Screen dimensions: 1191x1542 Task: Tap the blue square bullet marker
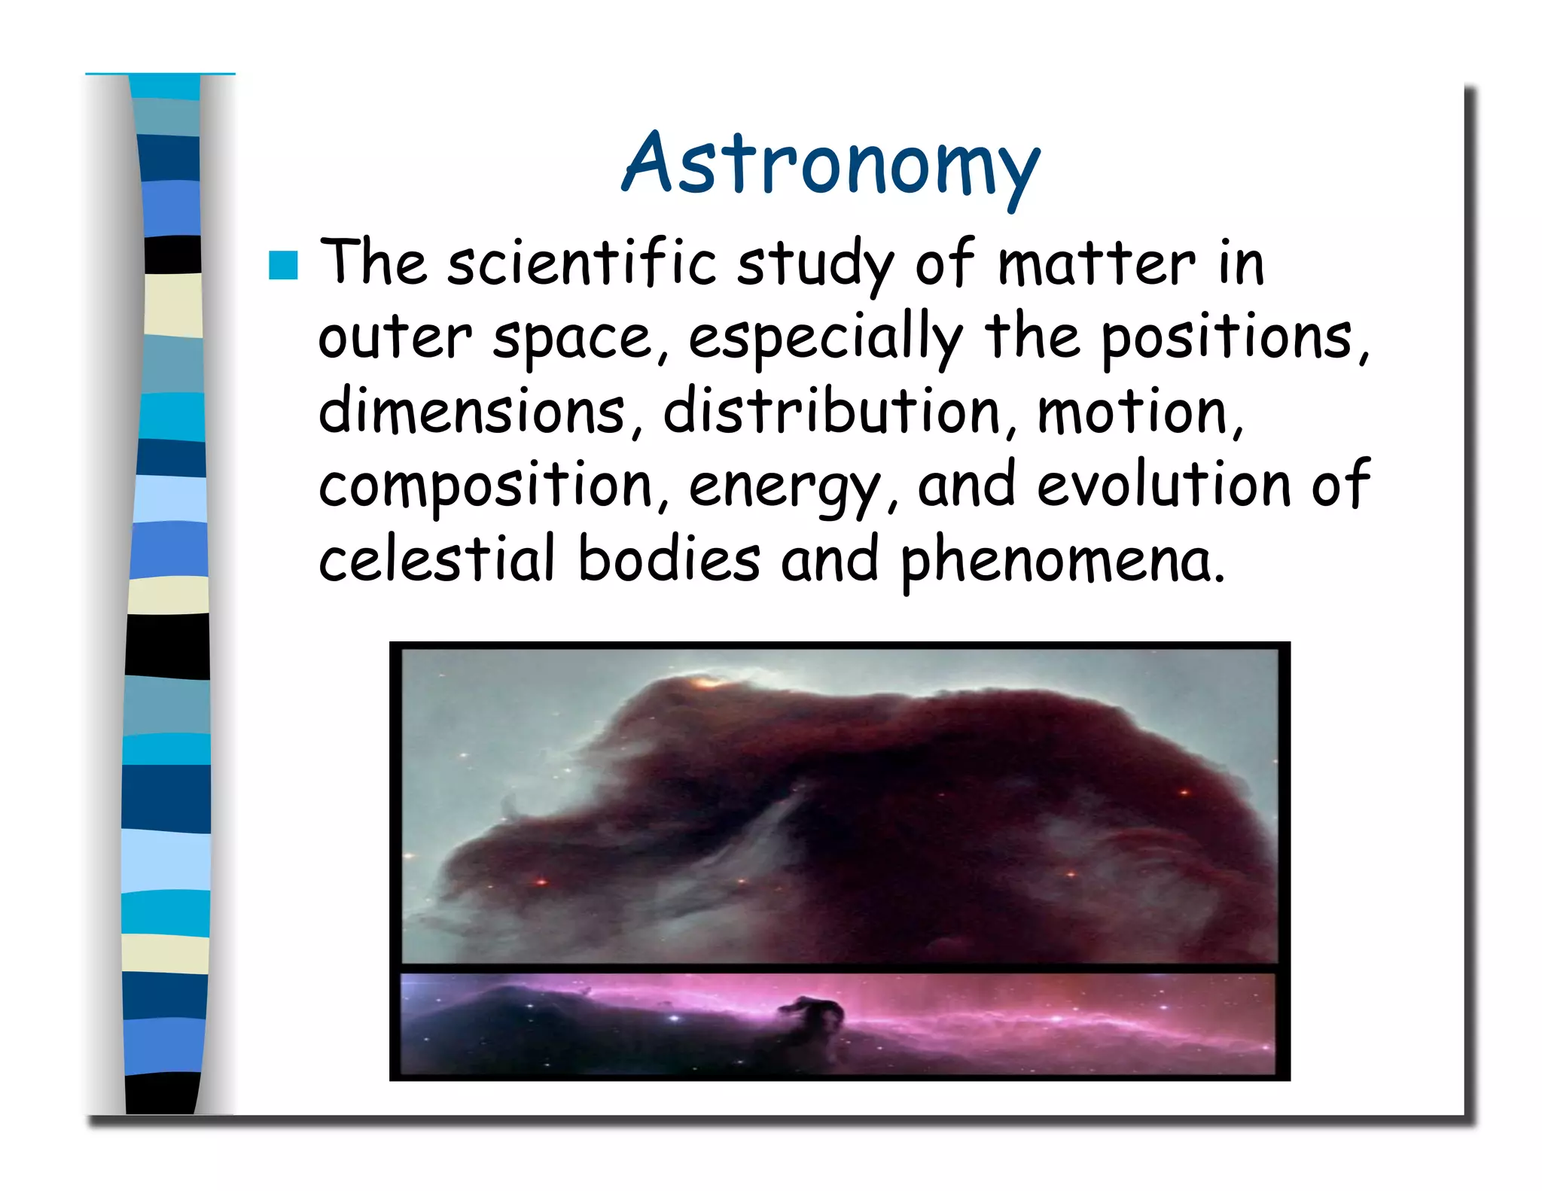click(x=283, y=265)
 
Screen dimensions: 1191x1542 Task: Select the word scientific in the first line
click(x=582, y=263)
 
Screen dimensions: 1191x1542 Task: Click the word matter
click(x=1096, y=263)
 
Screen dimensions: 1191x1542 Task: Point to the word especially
click(x=825, y=339)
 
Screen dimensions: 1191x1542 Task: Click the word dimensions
click(x=472, y=411)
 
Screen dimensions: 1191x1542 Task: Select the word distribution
click(x=831, y=411)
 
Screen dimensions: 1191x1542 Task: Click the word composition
click(x=486, y=486)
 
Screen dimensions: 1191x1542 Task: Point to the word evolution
click(x=1164, y=485)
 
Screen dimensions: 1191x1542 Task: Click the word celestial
click(x=437, y=559)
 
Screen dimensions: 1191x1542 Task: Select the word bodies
click(x=669, y=559)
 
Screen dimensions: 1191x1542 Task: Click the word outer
click(x=395, y=339)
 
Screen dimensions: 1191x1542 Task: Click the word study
click(x=816, y=264)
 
